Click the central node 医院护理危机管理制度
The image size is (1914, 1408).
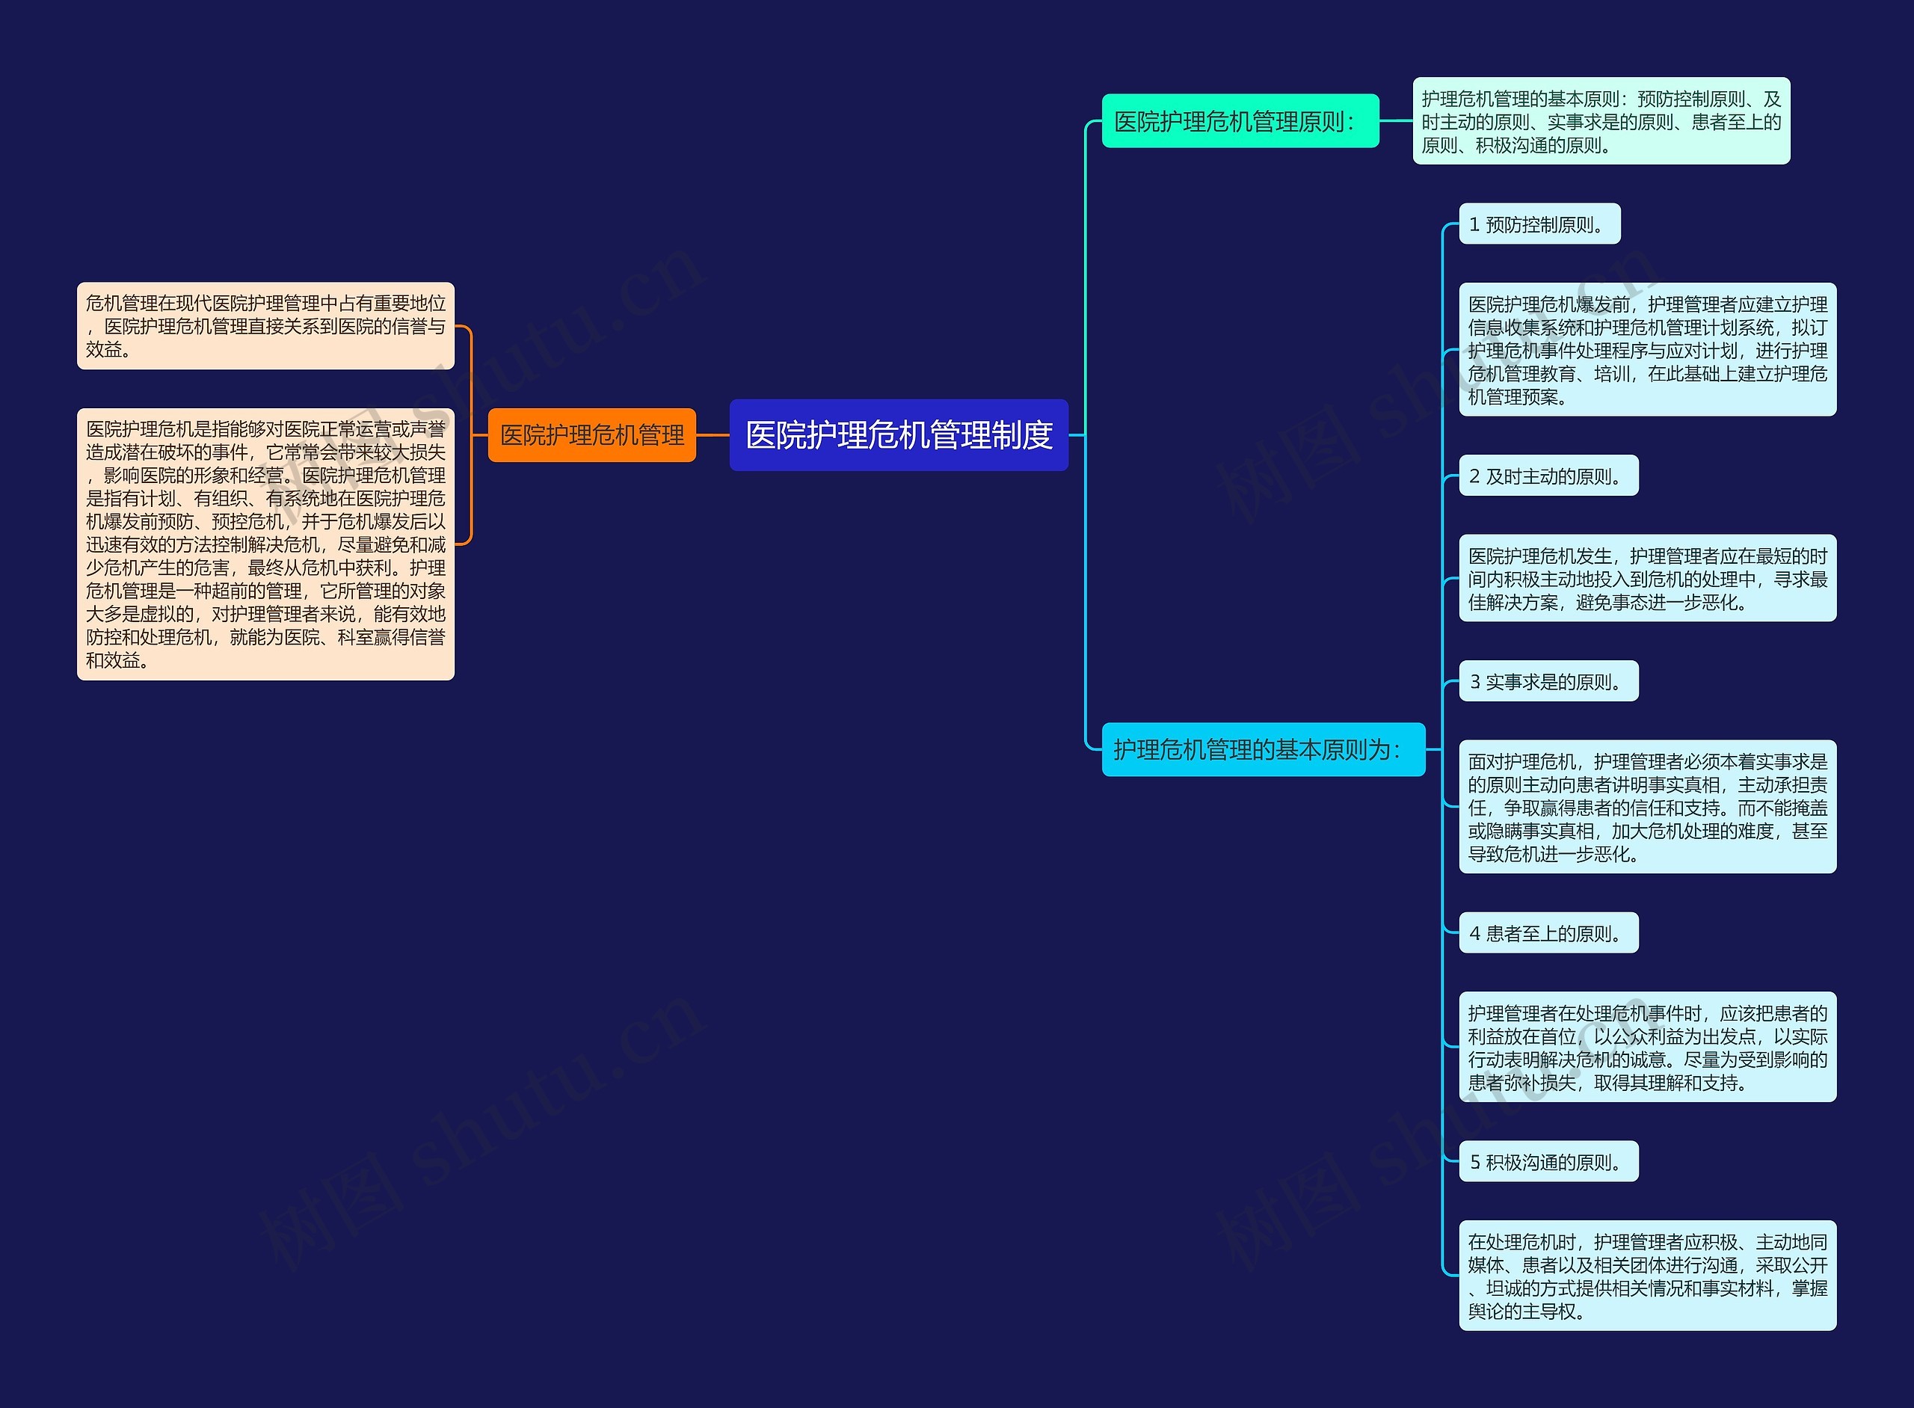[898, 434]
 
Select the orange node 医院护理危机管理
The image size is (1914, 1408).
[591, 434]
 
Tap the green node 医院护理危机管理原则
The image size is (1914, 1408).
[1239, 121]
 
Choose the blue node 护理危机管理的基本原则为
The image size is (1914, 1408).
[1262, 749]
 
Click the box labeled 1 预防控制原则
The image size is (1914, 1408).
[1539, 224]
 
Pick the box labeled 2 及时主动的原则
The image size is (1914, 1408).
[1548, 476]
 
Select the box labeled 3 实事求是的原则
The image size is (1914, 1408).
[1548, 681]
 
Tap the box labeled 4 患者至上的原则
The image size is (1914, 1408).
[1548, 933]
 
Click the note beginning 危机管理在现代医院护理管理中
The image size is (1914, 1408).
[265, 325]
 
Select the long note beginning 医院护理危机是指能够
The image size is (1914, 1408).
[265, 544]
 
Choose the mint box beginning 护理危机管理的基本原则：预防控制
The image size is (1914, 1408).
[1601, 121]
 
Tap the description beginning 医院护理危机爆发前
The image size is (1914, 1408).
[1646, 349]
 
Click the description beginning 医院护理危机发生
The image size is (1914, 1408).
[1646, 579]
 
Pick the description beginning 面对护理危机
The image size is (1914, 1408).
[1646, 806]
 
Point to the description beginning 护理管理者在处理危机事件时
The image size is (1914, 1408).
[1646, 1048]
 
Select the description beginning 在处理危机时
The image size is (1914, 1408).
[1646, 1276]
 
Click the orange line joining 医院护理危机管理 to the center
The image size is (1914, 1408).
[713, 434]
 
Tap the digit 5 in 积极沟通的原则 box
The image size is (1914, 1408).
[1475, 1163]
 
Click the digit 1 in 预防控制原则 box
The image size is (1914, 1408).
[1474, 225]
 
